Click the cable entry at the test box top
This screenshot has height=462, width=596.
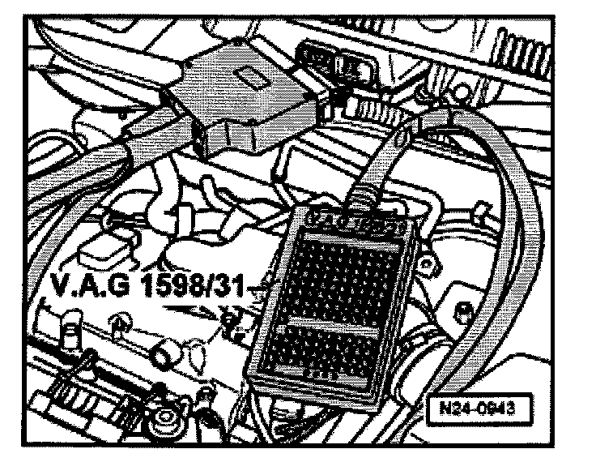click(x=369, y=195)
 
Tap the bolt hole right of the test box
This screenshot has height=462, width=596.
click(x=463, y=308)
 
